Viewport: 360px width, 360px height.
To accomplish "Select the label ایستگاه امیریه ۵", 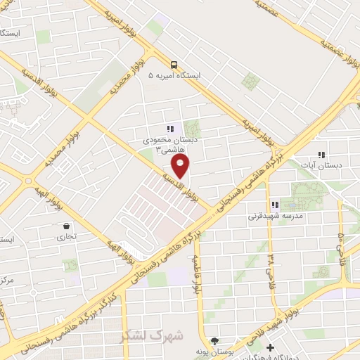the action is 175,75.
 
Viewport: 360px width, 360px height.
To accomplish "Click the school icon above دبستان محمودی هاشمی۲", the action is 169,129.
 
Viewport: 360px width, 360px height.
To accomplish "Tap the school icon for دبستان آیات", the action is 321,155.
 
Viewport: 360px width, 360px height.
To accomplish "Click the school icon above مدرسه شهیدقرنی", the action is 275,205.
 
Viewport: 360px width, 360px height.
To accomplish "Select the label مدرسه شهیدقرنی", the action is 275,217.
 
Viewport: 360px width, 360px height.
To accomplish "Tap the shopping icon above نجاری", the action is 66,226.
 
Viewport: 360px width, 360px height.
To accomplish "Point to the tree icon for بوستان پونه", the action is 214,340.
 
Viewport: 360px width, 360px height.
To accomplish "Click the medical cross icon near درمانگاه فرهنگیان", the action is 270,347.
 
